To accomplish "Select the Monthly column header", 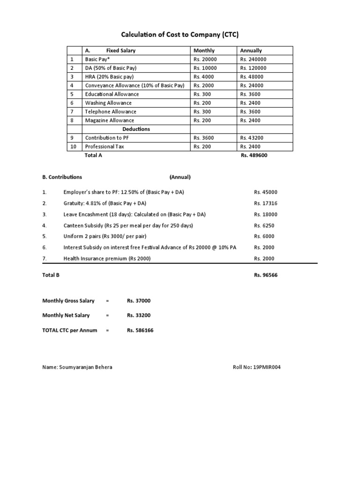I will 204,50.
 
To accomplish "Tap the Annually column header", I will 251,50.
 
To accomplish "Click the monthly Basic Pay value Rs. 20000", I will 205,59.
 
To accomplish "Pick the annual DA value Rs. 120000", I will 253,68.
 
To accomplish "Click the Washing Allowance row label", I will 108,103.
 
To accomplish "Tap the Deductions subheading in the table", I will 136,129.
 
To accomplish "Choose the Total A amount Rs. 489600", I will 253,155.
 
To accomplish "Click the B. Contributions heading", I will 62,177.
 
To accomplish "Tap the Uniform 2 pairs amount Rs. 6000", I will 264,236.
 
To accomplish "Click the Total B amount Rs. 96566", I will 266,275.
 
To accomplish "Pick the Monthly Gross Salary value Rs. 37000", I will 139,301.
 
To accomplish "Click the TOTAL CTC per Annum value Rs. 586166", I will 140,330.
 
